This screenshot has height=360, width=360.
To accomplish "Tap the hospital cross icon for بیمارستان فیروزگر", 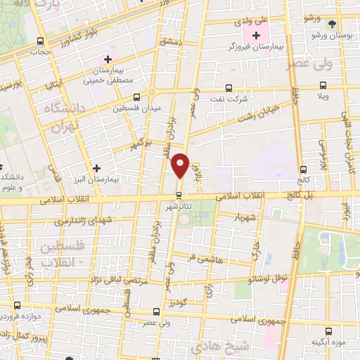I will (256, 34).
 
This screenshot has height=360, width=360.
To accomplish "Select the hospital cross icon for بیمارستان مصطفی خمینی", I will (107, 59).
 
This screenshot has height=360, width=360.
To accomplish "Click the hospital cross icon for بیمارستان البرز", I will (96, 167).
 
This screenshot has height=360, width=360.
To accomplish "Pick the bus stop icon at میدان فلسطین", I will (136, 97).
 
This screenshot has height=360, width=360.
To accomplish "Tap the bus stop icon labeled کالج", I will (303, 169).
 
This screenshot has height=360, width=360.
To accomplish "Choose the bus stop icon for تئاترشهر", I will (180, 194).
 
